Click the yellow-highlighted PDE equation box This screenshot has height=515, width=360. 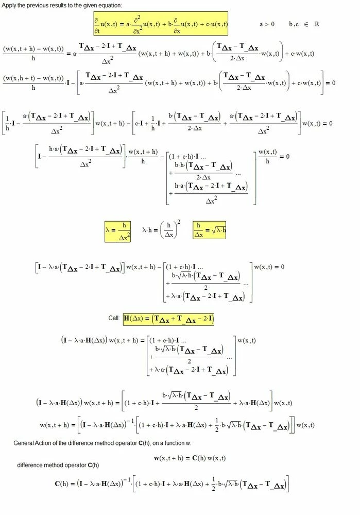click(161, 24)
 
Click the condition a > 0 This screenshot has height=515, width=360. click(267, 24)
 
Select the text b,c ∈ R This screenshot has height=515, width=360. click(304, 24)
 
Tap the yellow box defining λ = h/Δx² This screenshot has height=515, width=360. click(118, 231)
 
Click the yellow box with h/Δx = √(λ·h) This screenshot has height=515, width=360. click(210, 230)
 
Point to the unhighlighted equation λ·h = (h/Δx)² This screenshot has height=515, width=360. click(161, 230)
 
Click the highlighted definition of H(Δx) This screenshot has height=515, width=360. click(168, 319)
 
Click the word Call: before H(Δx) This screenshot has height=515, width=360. click(114, 318)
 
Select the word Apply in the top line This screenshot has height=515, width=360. click(9, 6)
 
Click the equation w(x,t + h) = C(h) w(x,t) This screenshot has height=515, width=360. click(190, 458)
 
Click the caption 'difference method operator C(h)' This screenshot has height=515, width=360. click(58, 465)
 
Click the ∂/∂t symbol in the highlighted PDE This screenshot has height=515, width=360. click(96, 26)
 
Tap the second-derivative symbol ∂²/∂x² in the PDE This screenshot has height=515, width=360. click(137, 24)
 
